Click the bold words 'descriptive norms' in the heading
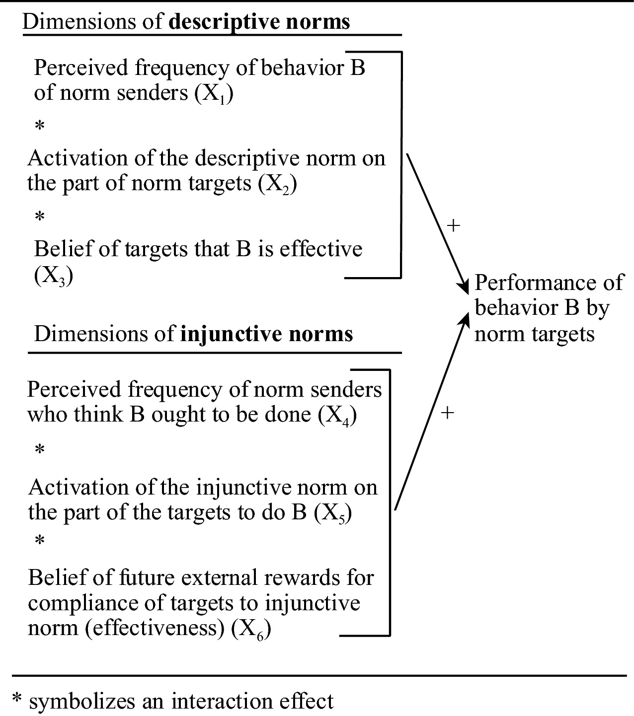point(259,22)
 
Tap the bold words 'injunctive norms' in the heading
point(266,334)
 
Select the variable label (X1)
point(213,94)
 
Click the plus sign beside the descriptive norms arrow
point(454,226)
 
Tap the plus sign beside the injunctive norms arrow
point(448,413)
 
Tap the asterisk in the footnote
point(18,700)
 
